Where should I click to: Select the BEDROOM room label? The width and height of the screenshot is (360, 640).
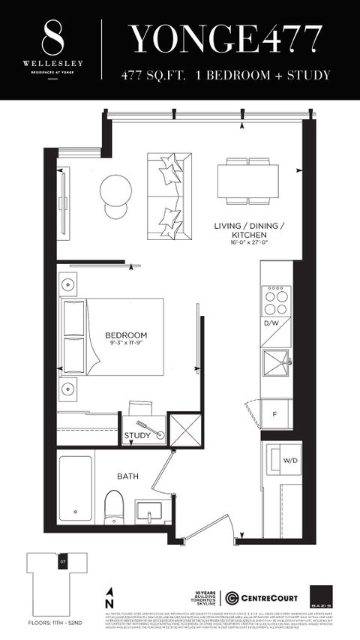click(x=126, y=335)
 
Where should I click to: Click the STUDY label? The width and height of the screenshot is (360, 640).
click(x=137, y=436)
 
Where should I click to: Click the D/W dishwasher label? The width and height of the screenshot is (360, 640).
click(x=271, y=323)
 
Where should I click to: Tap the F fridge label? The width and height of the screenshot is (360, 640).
click(x=274, y=413)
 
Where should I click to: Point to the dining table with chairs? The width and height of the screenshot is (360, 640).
click(x=247, y=181)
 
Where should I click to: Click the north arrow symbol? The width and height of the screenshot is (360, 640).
click(x=110, y=598)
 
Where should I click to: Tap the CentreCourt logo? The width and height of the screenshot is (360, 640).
click(x=262, y=597)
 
